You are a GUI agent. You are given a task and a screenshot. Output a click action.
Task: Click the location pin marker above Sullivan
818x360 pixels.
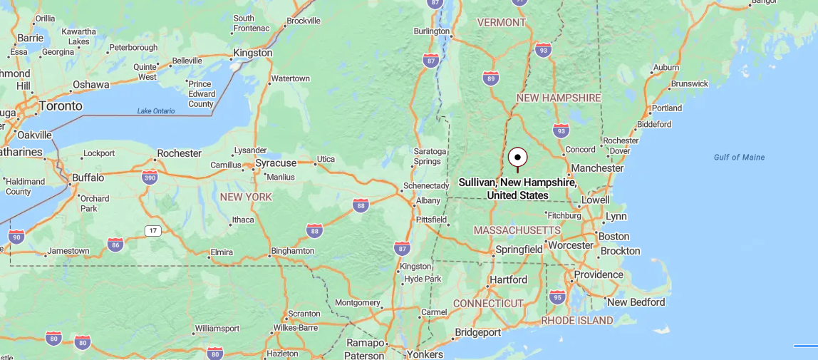click(x=517, y=158)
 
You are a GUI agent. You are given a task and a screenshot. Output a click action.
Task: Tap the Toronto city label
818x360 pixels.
click(x=61, y=106)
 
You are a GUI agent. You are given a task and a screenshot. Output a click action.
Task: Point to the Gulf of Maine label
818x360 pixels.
click(x=739, y=157)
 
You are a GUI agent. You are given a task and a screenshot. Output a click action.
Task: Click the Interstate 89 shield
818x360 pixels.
click(x=490, y=78)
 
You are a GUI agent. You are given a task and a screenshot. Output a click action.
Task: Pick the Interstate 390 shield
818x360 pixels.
click(x=149, y=177)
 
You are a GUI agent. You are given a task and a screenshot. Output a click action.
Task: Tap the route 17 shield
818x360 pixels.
click(x=152, y=230)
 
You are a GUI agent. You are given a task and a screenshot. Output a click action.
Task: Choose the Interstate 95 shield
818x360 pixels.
click(x=556, y=297)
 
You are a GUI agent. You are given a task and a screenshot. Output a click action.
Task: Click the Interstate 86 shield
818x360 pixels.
click(x=115, y=245)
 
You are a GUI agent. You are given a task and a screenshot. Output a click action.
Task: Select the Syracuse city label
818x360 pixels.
click(x=275, y=163)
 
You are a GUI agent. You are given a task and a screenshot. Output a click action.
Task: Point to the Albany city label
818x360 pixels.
click(x=428, y=200)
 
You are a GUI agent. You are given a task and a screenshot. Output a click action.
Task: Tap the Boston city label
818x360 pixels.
click(x=613, y=237)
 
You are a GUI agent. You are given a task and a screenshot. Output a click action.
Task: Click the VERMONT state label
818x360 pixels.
click(x=502, y=23)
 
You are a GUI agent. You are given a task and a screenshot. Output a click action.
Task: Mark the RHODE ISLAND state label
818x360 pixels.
click(x=577, y=321)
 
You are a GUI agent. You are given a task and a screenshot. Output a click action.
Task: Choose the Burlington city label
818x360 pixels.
click(x=432, y=31)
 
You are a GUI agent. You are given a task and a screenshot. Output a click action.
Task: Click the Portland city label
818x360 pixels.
click(x=667, y=108)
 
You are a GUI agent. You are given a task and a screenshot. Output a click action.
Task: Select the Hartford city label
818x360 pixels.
click(x=508, y=280)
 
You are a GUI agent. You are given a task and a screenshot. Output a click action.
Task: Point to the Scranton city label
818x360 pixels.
click(x=304, y=314)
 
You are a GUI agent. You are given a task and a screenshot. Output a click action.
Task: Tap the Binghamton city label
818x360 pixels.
click(x=292, y=251)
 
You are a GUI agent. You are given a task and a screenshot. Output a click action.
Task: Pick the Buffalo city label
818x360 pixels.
click(x=88, y=178)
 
